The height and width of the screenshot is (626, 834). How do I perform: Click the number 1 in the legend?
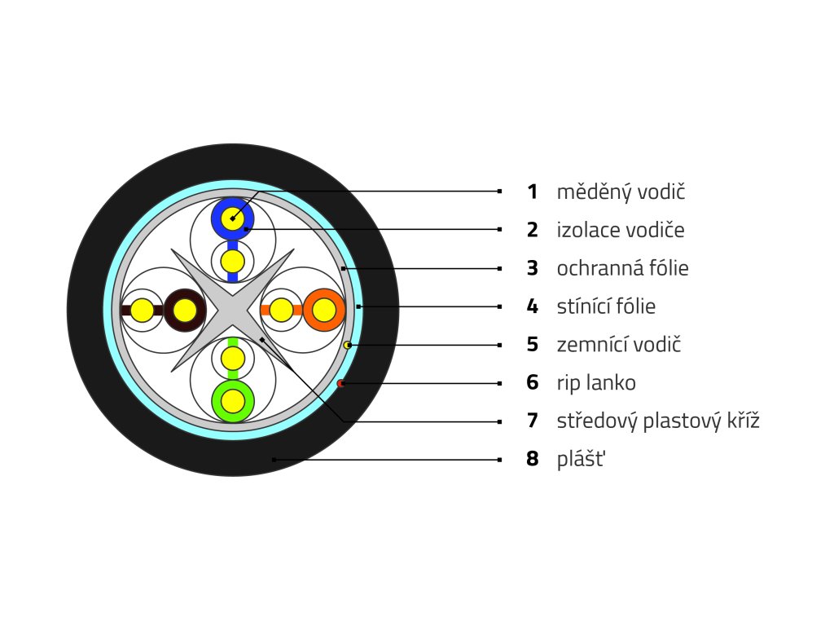click(x=533, y=192)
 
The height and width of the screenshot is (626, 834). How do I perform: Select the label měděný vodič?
click(x=621, y=192)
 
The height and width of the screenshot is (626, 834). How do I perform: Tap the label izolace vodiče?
click(x=621, y=231)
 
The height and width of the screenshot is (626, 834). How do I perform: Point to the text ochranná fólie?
click(x=623, y=268)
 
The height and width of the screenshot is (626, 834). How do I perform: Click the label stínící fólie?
click(x=606, y=306)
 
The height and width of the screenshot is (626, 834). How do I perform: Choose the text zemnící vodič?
click(x=619, y=345)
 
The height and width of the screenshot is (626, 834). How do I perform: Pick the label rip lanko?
click(x=596, y=383)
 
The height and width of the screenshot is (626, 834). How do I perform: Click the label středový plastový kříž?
click(x=658, y=421)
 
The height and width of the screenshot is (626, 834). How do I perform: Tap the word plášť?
click(x=582, y=460)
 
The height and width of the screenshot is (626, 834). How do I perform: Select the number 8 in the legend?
click(x=533, y=460)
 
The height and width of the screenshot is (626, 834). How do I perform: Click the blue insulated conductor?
click(x=233, y=218)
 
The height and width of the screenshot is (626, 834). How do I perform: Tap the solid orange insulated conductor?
click(x=324, y=310)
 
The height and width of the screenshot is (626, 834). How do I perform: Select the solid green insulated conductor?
click(x=233, y=400)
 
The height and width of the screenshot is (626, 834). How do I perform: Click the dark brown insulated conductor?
click(x=185, y=310)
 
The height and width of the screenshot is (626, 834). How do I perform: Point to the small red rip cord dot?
click(x=340, y=383)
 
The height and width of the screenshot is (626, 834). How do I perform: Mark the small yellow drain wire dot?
click(x=348, y=346)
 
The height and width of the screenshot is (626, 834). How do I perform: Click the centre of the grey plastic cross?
click(x=233, y=310)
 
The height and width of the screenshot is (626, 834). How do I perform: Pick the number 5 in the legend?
click(x=533, y=345)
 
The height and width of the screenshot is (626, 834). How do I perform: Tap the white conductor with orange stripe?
click(x=281, y=310)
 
